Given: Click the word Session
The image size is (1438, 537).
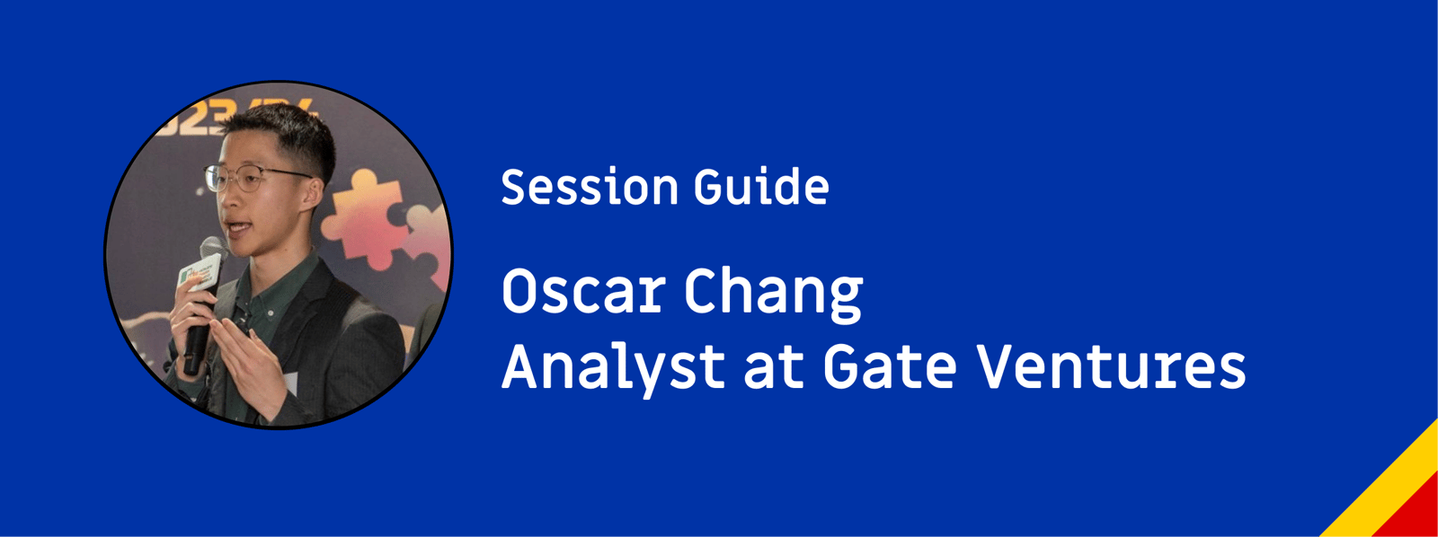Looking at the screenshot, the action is click(590, 188).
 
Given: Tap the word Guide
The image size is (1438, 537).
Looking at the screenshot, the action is click(761, 188).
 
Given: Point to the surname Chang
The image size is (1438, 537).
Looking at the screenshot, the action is click(774, 295).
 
